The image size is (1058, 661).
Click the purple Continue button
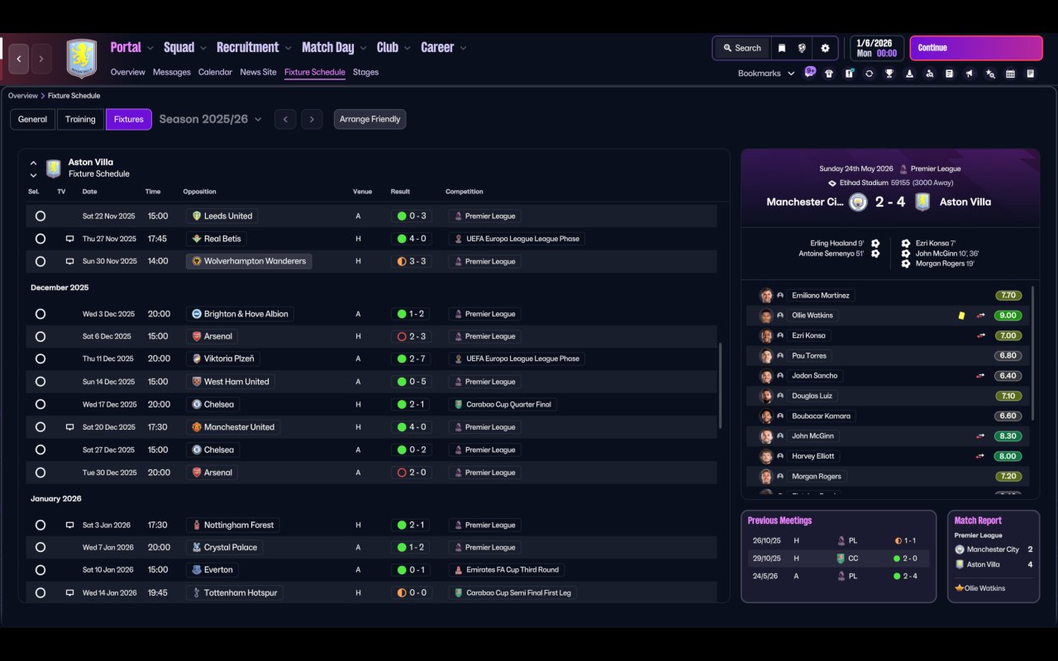(x=976, y=48)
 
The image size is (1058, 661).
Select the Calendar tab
(x=215, y=72)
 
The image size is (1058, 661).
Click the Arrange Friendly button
(x=369, y=119)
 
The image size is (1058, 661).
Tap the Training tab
(x=80, y=119)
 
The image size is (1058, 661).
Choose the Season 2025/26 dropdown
(x=210, y=119)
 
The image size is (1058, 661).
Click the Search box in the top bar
(x=742, y=48)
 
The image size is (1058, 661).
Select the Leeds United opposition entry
(x=222, y=216)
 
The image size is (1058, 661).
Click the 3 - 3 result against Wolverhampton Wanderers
(x=412, y=261)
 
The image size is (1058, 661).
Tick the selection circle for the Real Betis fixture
(x=41, y=239)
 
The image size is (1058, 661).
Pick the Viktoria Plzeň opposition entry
(x=223, y=359)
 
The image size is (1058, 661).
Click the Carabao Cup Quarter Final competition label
(x=503, y=404)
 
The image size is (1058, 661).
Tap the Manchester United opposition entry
(x=233, y=427)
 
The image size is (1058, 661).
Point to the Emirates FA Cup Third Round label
(x=507, y=569)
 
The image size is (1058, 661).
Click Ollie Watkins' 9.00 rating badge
(x=1008, y=316)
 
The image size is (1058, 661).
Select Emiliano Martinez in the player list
(x=821, y=296)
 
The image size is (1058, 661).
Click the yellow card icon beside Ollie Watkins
(x=961, y=316)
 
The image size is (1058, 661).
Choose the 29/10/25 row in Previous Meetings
(x=838, y=558)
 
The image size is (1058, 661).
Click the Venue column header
(x=362, y=192)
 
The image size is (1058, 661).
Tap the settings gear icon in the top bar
(x=825, y=48)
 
